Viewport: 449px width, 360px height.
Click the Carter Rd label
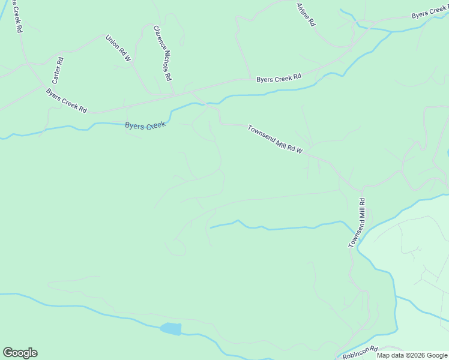[58, 70]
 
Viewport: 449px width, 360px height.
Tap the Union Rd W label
[118, 49]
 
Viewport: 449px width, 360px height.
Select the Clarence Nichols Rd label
[162, 53]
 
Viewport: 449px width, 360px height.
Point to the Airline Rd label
[306, 14]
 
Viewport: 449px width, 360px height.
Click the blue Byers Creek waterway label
[145, 125]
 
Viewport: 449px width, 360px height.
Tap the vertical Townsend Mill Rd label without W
[358, 223]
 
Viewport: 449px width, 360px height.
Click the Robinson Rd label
[360, 353]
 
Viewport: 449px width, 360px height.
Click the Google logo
[20, 353]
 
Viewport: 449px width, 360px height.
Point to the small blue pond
[170, 329]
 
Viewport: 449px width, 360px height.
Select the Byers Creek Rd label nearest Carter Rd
[67, 100]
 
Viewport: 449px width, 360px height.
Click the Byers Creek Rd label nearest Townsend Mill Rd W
[278, 78]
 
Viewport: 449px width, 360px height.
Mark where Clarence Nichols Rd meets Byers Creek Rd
[173, 95]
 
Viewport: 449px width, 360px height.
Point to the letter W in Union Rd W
[127, 58]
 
